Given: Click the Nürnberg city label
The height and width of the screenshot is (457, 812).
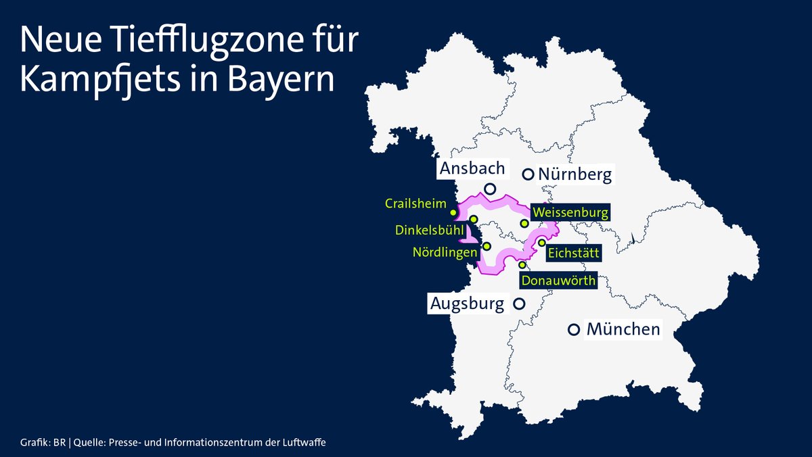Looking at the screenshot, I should [575, 175].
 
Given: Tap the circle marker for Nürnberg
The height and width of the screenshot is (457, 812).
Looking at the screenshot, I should [528, 174].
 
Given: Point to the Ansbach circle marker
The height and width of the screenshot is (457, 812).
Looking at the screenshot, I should [491, 189].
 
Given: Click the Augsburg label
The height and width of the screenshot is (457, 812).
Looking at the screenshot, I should [468, 304].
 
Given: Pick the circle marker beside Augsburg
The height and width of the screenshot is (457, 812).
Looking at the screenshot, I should [519, 304].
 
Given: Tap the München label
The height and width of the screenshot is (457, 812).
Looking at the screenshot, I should [623, 330].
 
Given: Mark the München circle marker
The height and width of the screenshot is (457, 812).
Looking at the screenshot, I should [574, 330].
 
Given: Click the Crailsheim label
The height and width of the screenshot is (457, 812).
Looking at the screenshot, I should [416, 203].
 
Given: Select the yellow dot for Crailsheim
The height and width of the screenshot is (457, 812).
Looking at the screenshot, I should [453, 212].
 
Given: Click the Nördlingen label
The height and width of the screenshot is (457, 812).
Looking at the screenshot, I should [445, 252].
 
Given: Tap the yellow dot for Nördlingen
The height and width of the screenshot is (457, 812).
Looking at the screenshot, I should [487, 246].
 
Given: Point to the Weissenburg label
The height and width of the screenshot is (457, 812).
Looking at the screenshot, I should [570, 212].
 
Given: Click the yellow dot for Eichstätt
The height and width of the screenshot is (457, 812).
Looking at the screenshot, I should [541, 243].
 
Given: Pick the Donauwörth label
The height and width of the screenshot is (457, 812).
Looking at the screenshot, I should [558, 280].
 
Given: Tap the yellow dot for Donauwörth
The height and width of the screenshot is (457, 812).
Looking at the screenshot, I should [522, 264].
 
